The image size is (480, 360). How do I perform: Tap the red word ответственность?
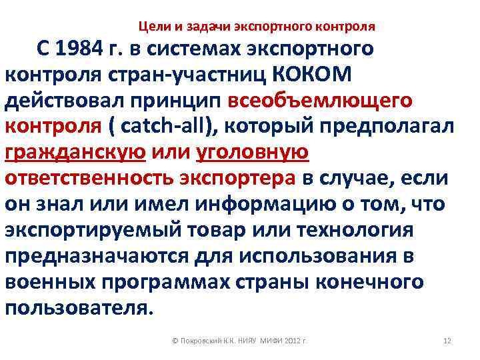coord(90,179)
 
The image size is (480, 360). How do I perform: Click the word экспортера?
coord(237,179)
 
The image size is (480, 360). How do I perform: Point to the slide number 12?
coord(447,341)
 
